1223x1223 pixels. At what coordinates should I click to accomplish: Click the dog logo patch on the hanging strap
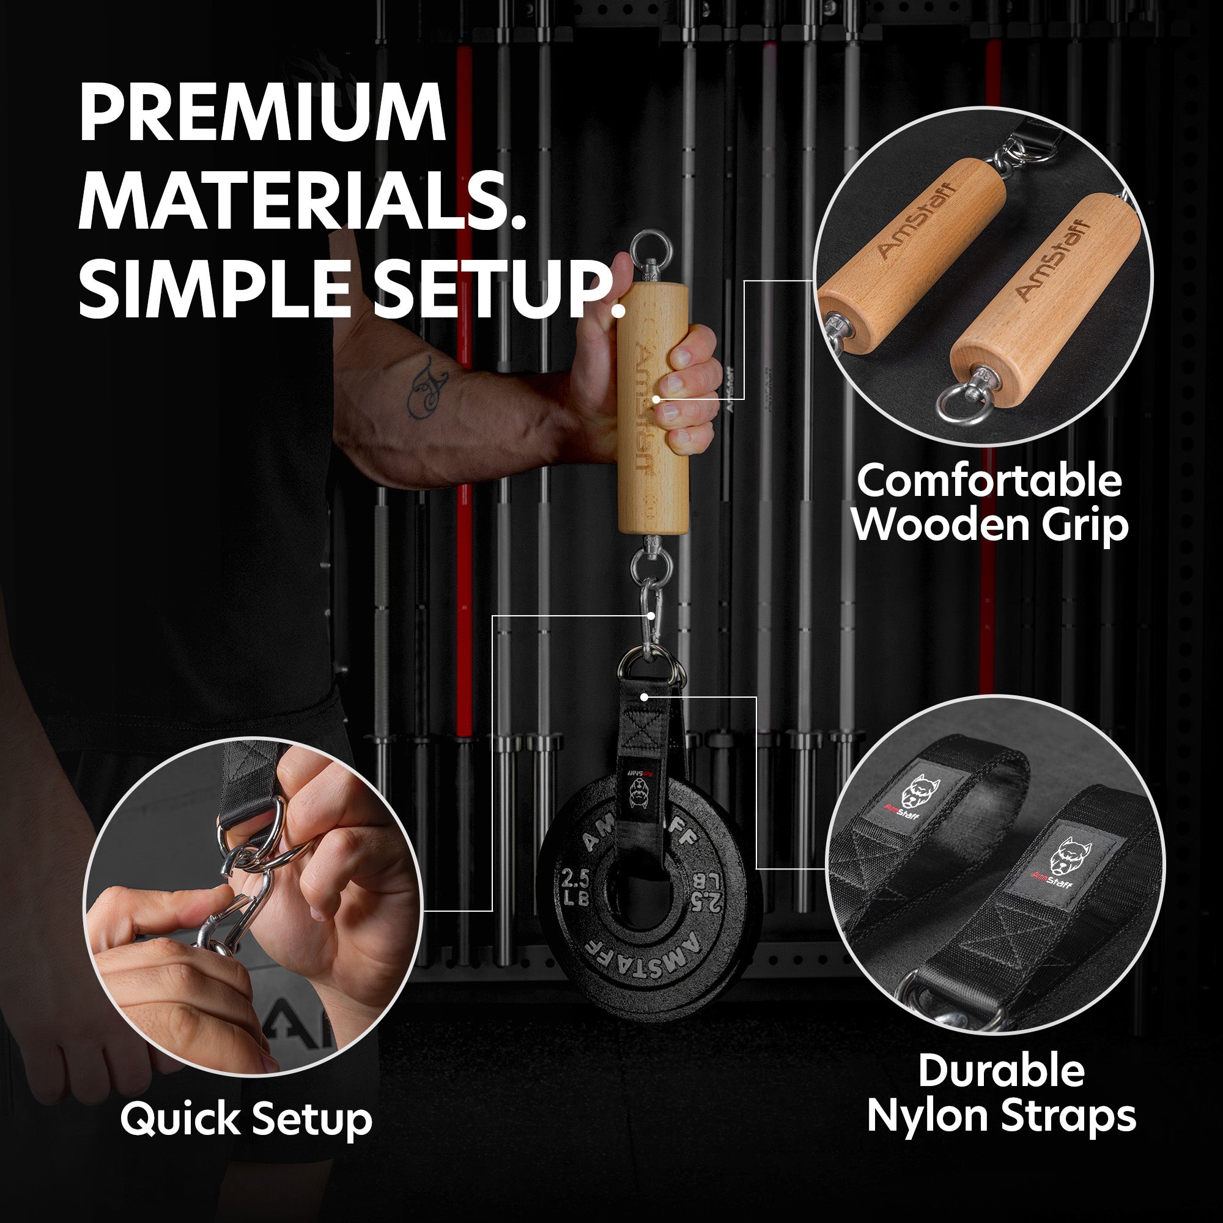pyautogui.click(x=640, y=791)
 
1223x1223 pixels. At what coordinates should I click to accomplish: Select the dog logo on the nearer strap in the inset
pyautogui.click(x=1066, y=855)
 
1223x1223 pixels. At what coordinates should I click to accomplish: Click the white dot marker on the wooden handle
pyautogui.click(x=656, y=399)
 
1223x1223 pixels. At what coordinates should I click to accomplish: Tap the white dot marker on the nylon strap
pyautogui.click(x=645, y=697)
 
